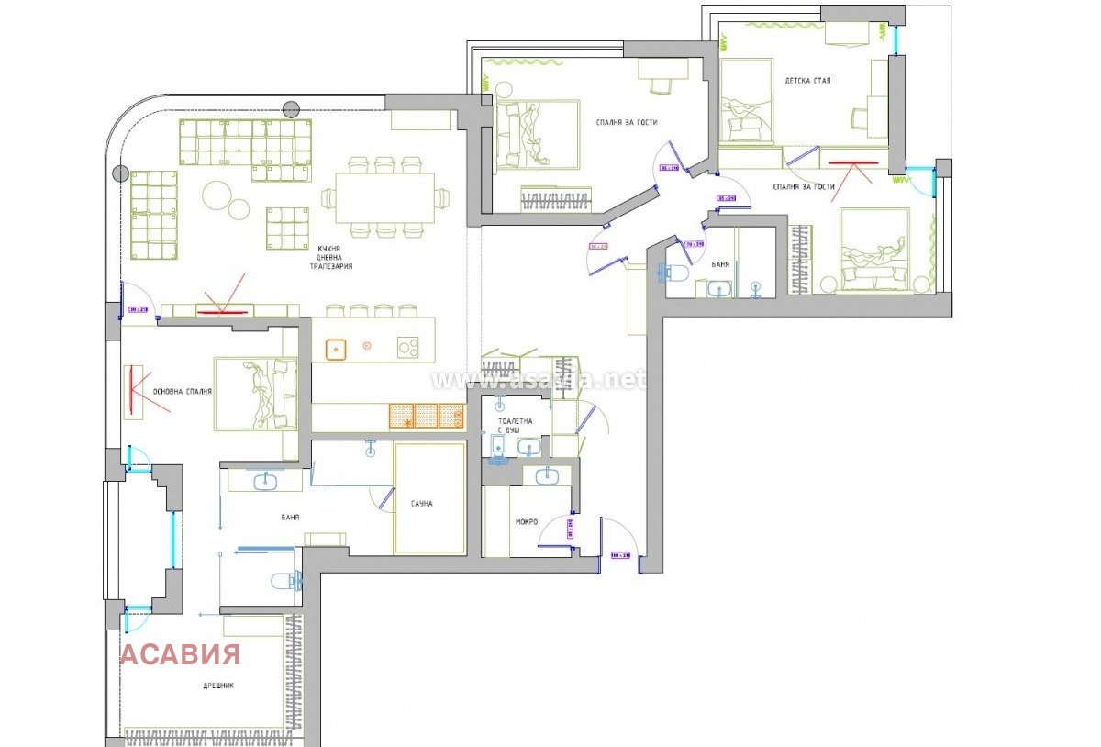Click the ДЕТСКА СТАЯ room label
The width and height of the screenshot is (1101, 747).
pyautogui.click(x=807, y=81)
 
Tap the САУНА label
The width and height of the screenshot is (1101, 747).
pyautogui.click(x=422, y=504)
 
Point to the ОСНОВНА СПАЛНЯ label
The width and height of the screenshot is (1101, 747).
pyautogui.click(x=183, y=392)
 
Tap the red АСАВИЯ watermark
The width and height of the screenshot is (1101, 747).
pyautogui.click(x=181, y=654)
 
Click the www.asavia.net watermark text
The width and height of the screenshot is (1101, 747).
pyautogui.click(x=538, y=378)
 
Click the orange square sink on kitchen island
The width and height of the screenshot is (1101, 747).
pyautogui.click(x=337, y=349)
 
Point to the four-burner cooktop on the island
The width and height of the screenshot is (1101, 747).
pyautogui.click(x=408, y=348)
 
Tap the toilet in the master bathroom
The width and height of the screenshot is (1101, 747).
pyautogui.click(x=285, y=581)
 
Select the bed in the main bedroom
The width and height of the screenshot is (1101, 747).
pyautogui.click(x=256, y=394)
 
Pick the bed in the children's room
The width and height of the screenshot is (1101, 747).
pyautogui.click(x=745, y=101)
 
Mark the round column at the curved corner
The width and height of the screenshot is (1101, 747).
pyautogui.click(x=119, y=173)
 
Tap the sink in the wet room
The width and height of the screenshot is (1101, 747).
pyautogui.click(x=546, y=474)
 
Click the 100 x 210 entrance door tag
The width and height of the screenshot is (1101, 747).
pyautogui.click(x=621, y=555)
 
